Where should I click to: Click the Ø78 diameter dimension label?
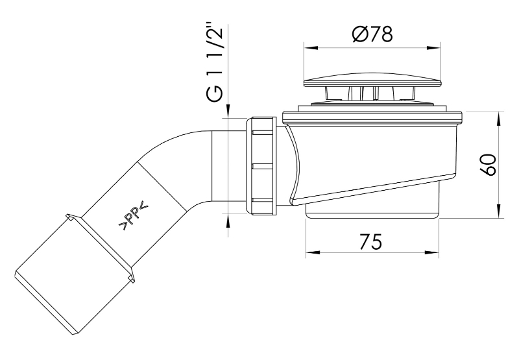[x=372, y=34]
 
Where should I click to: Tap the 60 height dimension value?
[x=489, y=165]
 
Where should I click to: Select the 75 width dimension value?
[x=370, y=241]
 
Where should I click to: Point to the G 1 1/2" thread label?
[x=215, y=63]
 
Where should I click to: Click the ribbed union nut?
[x=261, y=166]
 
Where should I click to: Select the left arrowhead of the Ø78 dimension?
[x=311, y=48]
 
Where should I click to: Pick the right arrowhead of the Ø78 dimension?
[x=434, y=48]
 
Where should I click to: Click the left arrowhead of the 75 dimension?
[x=313, y=253]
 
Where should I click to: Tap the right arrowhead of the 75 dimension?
[x=432, y=253]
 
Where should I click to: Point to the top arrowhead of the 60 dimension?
[x=498, y=119]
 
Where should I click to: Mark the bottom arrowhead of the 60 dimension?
[x=498, y=211]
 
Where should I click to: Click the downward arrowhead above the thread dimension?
[x=228, y=111]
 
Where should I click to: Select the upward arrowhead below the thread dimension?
[x=228, y=221]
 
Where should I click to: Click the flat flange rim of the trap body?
[x=372, y=117]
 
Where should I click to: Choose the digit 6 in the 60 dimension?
[x=489, y=171]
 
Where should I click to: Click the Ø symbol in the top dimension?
[x=359, y=34]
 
